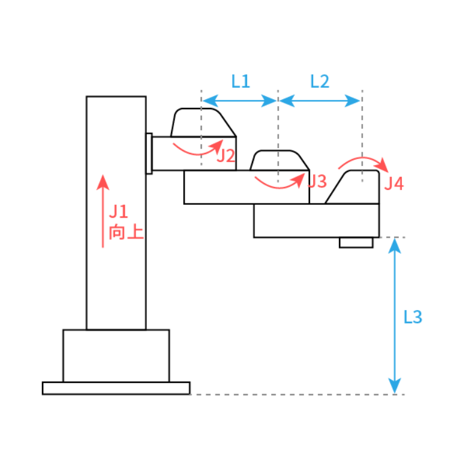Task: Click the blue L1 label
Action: (x=241, y=81)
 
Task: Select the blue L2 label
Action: (x=320, y=81)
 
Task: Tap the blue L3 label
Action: (x=413, y=317)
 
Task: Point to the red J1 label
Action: (x=119, y=211)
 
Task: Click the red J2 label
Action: (x=226, y=156)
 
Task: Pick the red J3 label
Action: (x=317, y=181)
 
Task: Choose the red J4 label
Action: (x=394, y=183)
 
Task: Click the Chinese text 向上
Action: (x=126, y=232)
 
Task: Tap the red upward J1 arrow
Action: (x=103, y=211)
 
